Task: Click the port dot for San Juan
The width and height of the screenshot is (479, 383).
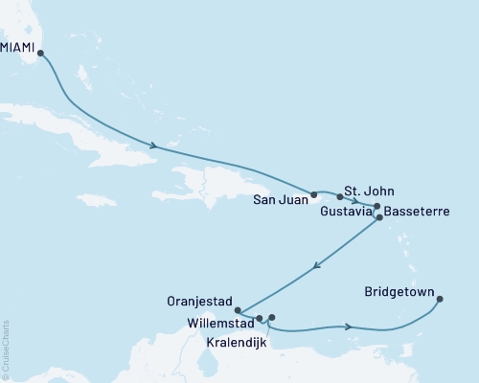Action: [x=314, y=194]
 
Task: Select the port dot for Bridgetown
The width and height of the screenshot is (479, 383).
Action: [x=440, y=300]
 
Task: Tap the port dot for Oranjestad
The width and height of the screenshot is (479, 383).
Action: [x=238, y=308]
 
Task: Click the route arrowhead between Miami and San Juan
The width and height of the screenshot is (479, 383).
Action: [x=153, y=146]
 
